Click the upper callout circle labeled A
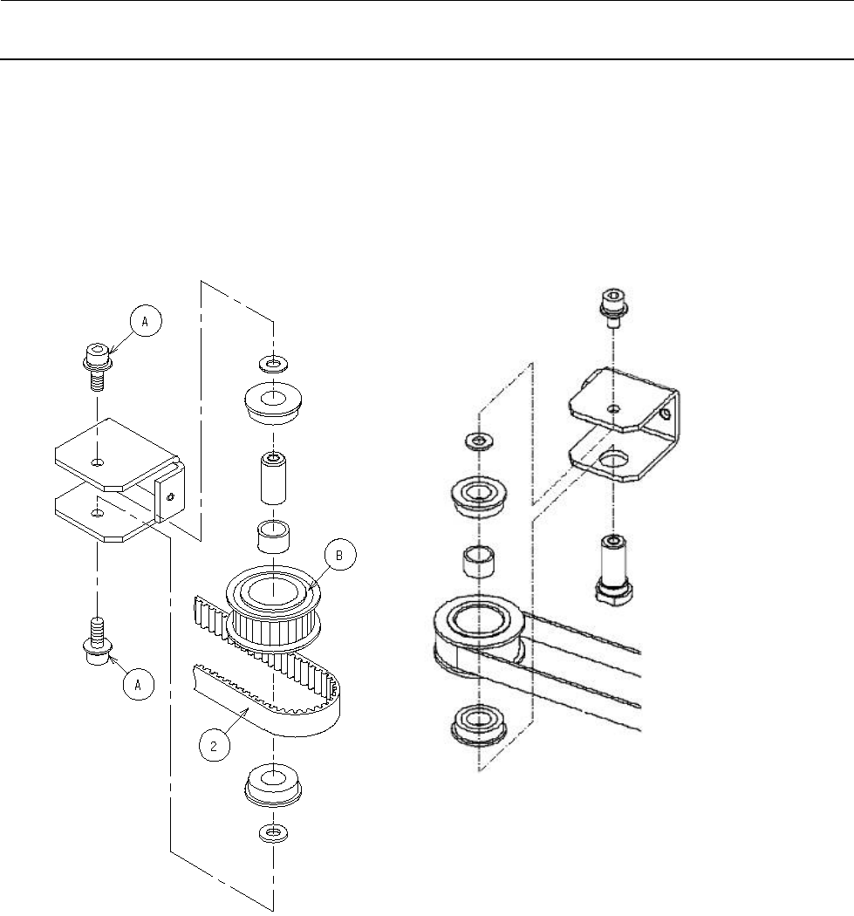(146, 322)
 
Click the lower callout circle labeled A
(136, 686)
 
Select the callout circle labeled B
(341, 556)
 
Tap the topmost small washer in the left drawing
(274, 361)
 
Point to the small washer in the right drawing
(478, 440)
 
